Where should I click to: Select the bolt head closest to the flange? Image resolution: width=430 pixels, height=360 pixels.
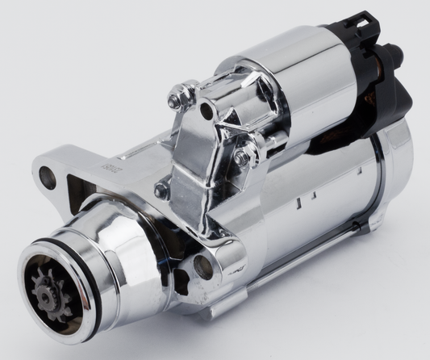[162, 190]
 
